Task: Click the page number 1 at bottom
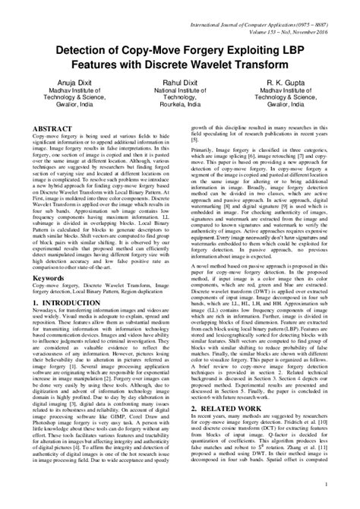346,502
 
